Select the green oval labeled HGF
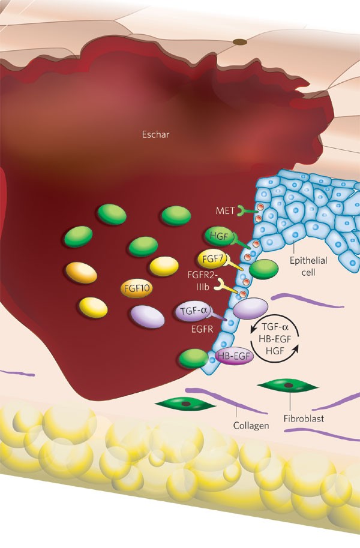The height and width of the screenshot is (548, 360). [217, 236]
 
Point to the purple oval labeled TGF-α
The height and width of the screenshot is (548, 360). [190, 311]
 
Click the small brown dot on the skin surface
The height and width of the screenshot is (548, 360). [239, 42]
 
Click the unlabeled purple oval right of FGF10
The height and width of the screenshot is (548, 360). [148, 317]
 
